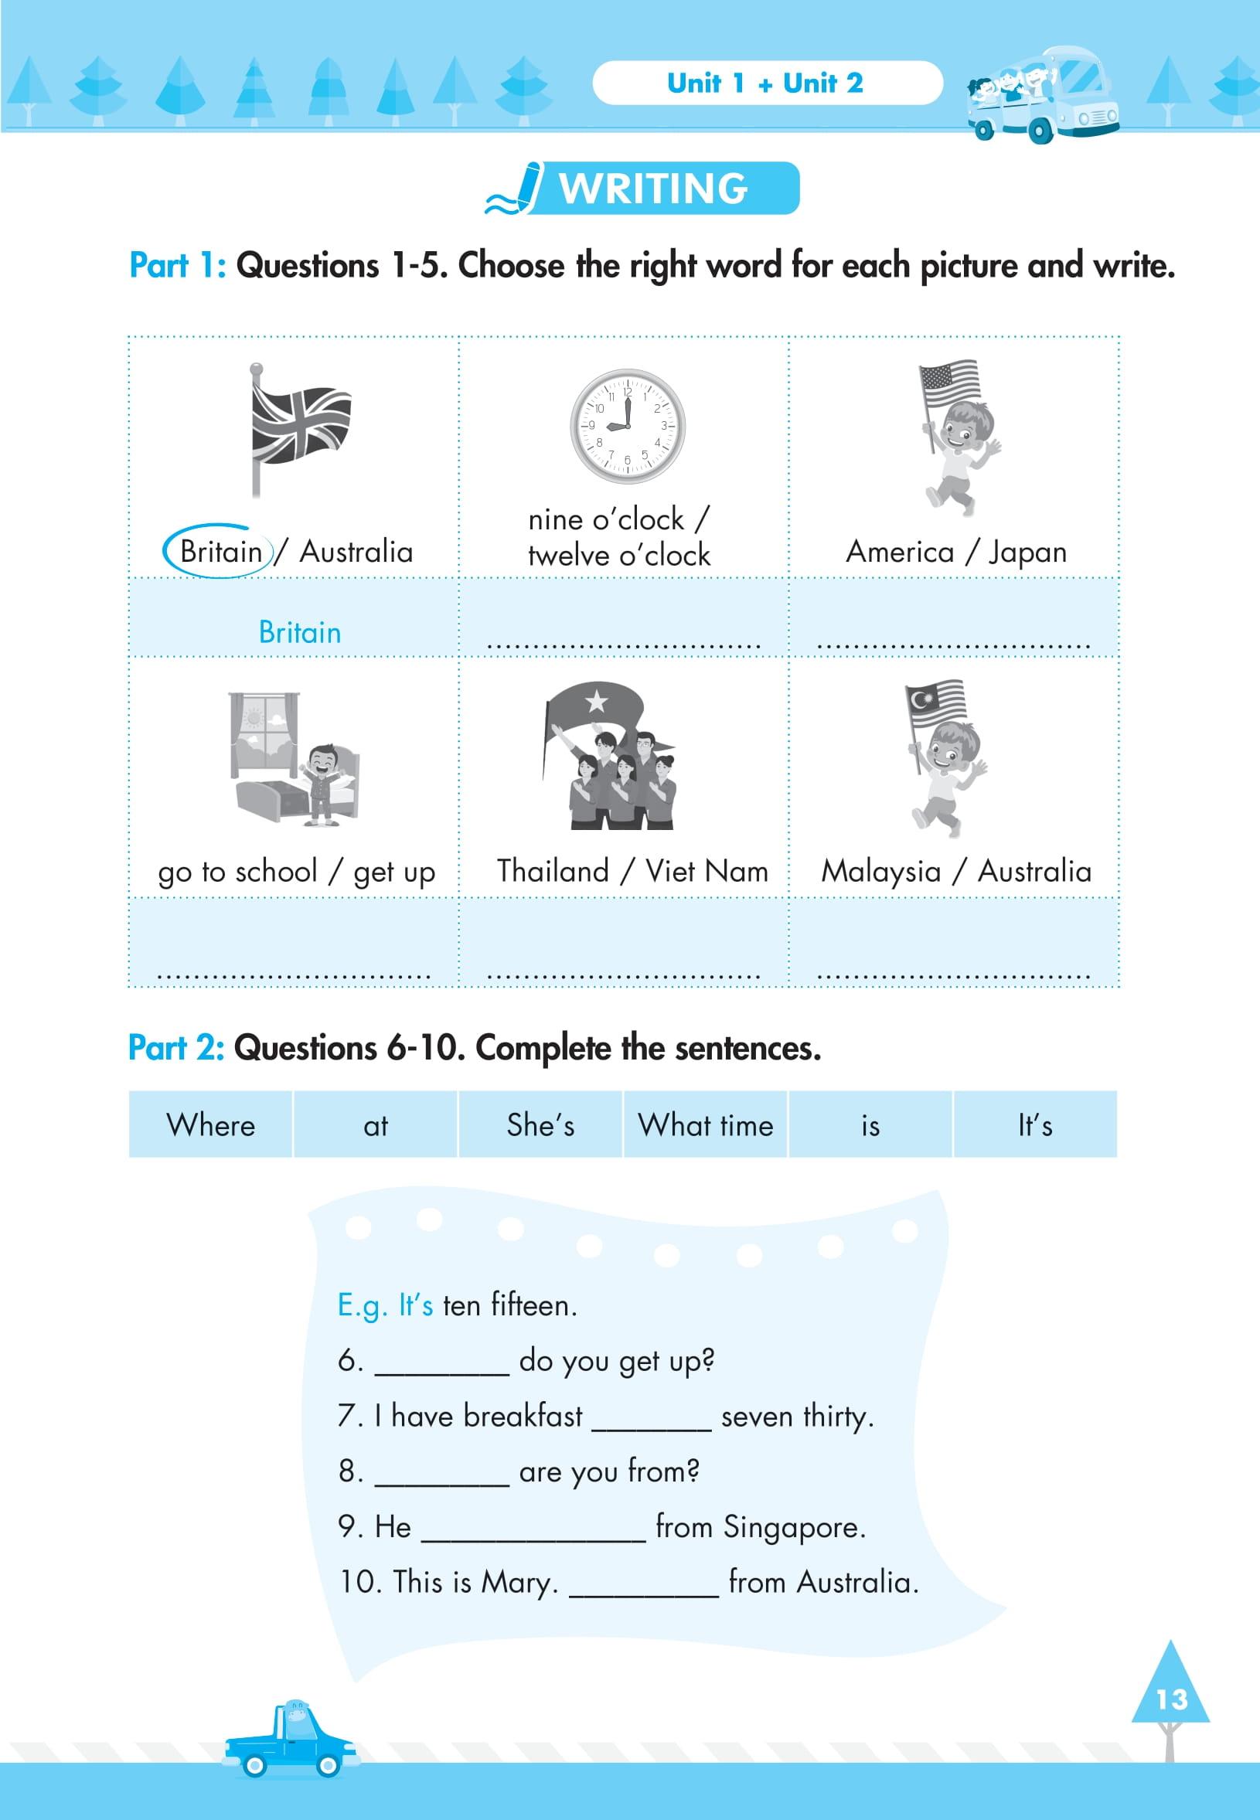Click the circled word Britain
pos(220,551)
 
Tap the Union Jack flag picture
pos(301,427)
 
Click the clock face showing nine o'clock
pos(628,426)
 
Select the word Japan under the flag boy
pos(1027,553)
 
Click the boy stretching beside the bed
pos(322,784)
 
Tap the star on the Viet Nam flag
pos(597,699)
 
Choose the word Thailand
pos(553,870)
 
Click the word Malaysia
pos(881,870)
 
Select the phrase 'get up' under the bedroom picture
pos(394,872)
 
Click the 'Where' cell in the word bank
pos(211,1124)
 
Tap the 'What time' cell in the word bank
pos(706,1124)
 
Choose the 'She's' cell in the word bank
pos(541,1124)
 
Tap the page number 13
pos(1171,1699)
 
